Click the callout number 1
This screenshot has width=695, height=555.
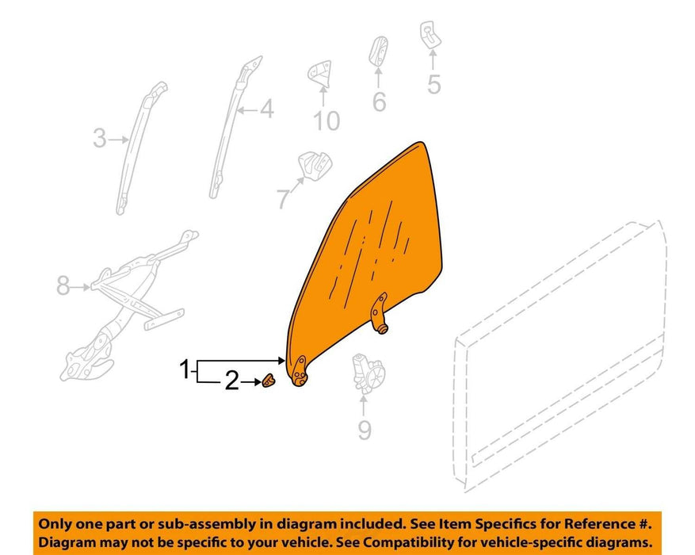click(185, 369)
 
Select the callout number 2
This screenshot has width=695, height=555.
click(232, 381)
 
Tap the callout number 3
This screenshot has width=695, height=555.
click(100, 138)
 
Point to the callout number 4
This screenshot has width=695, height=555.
click(267, 109)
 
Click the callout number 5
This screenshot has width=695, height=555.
click(434, 84)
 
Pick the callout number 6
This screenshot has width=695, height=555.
click(379, 101)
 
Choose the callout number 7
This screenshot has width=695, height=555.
click(283, 198)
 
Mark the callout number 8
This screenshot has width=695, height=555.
click(63, 285)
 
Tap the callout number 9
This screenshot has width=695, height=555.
click(365, 430)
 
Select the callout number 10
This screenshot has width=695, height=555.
click(326, 121)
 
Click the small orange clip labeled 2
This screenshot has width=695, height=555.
click(269, 381)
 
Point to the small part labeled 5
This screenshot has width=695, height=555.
click(430, 35)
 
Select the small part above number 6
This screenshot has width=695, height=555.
click(379, 51)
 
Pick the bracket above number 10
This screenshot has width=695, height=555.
click(320, 73)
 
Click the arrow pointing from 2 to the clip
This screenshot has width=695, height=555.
click(252, 381)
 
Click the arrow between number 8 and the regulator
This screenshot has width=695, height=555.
click(81, 287)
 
